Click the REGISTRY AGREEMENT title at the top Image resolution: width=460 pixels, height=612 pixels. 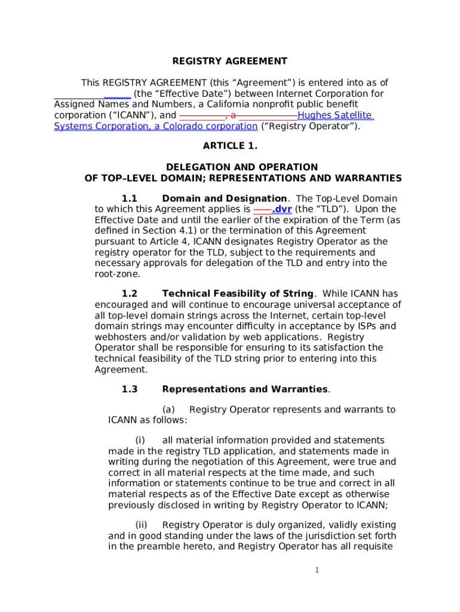click(230, 61)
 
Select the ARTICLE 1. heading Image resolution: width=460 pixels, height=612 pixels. click(230, 146)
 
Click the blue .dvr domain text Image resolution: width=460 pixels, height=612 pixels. click(281, 209)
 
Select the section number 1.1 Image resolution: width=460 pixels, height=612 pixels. click(130, 198)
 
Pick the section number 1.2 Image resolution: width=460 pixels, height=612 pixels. click(130, 293)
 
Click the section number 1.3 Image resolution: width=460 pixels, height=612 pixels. click(130, 389)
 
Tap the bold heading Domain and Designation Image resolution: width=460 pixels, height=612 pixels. click(225, 198)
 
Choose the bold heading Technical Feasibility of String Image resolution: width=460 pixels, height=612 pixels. click(238, 293)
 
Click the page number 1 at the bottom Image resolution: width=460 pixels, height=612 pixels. click(317, 570)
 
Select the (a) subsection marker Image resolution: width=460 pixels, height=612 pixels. click(168, 409)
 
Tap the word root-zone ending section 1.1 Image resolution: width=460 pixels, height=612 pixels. click(118, 274)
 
